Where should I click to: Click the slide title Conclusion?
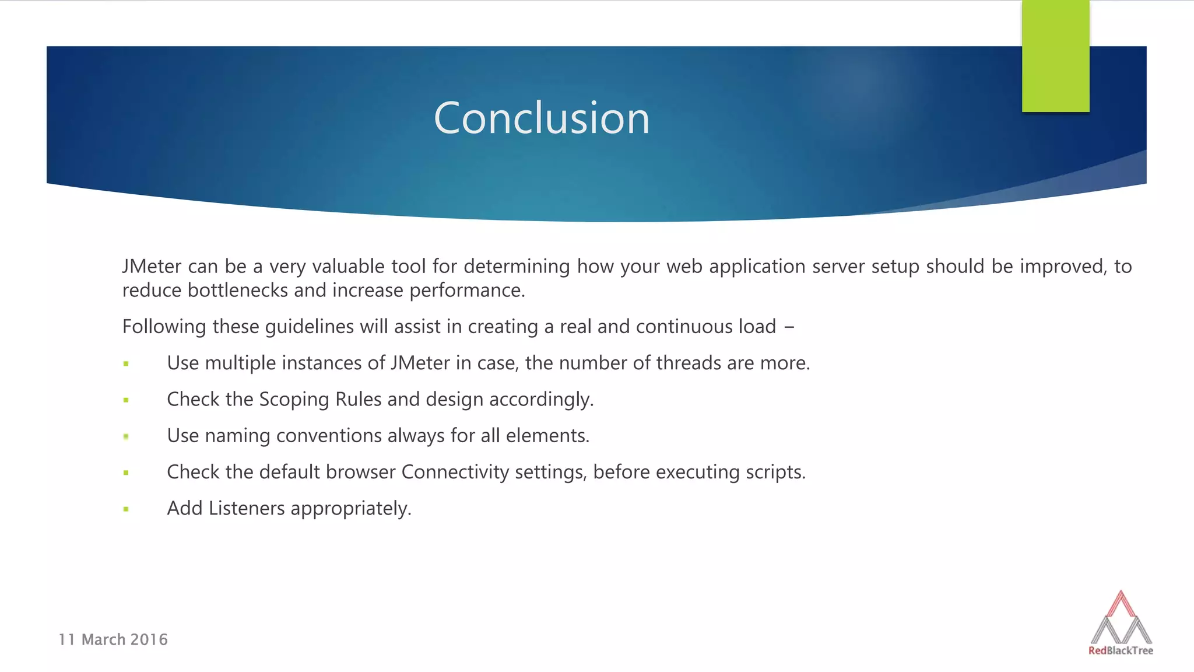[x=542, y=118]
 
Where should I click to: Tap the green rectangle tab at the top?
[x=1055, y=56]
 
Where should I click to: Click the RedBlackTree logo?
[x=1121, y=624]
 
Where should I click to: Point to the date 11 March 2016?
[x=113, y=640]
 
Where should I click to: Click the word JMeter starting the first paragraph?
[x=152, y=267]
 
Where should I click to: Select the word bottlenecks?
[x=238, y=290]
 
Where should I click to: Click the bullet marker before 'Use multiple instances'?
[x=126, y=364]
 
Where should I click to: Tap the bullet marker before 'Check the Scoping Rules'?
[x=126, y=400]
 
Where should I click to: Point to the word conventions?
[x=328, y=436]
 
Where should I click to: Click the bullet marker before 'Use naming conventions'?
[x=126, y=436]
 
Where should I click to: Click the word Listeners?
[x=247, y=508]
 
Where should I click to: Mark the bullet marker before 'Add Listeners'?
[x=126, y=509]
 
